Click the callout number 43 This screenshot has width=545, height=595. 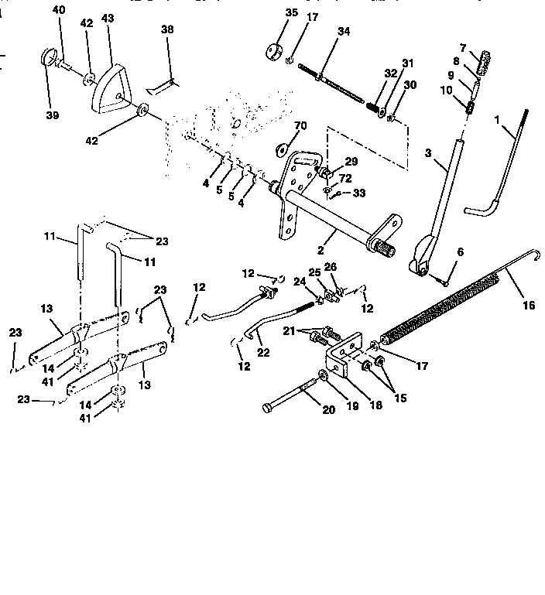pos(107,18)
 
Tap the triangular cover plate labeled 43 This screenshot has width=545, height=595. pos(108,82)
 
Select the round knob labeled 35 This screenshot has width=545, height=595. pos(272,53)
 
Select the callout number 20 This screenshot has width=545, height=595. pos(328,409)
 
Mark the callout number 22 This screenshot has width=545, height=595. pos(264,353)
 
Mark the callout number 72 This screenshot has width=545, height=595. pos(345,179)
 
